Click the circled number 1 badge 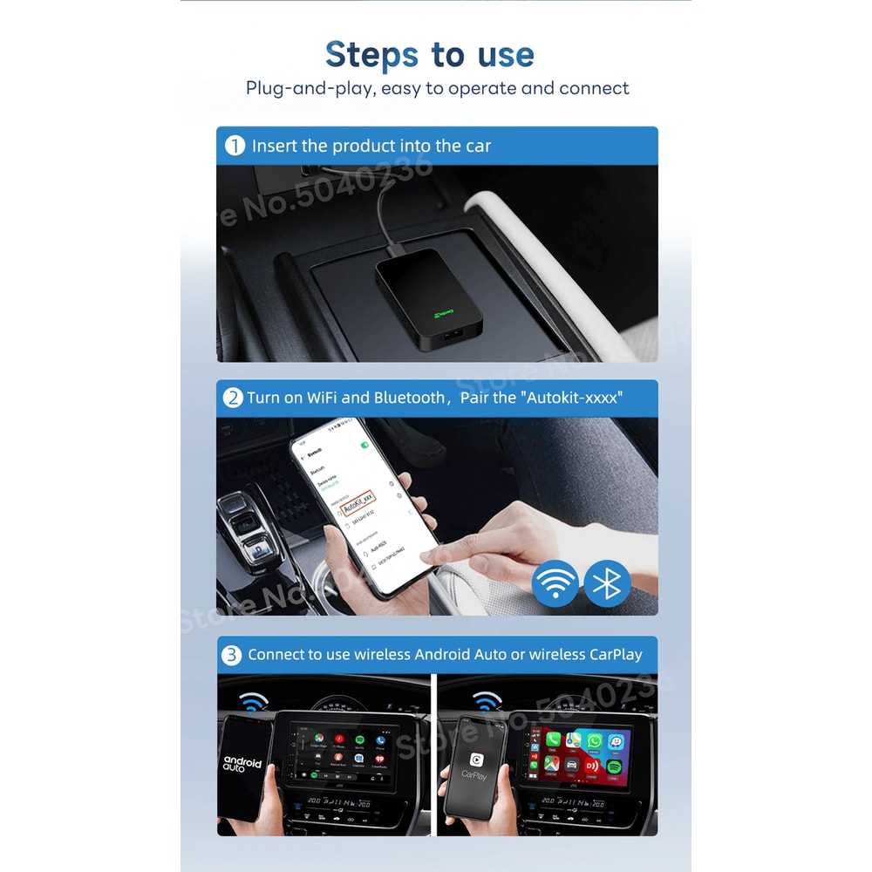[x=235, y=146]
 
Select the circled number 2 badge [x=233, y=398]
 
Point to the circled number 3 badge [x=233, y=654]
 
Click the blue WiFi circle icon [x=555, y=583]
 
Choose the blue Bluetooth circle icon [x=607, y=583]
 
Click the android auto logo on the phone [x=242, y=765]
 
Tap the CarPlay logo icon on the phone [x=477, y=760]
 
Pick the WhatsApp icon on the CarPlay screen [x=596, y=740]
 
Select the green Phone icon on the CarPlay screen [x=553, y=740]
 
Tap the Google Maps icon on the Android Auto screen [x=313, y=739]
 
